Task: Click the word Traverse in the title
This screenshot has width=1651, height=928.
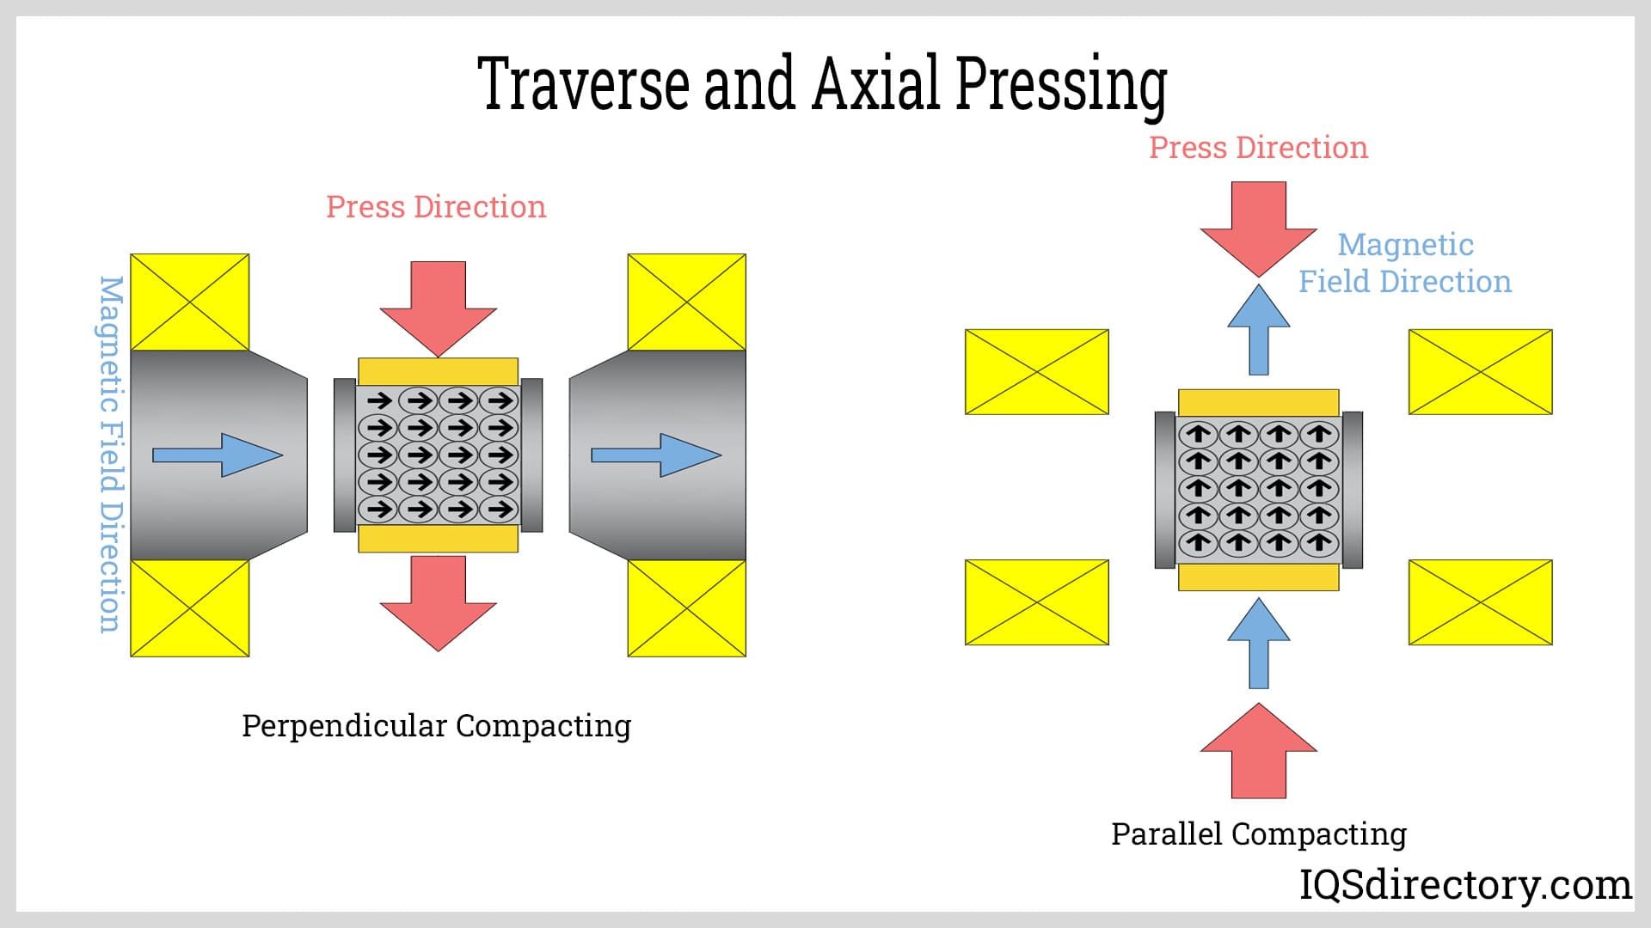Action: [583, 83]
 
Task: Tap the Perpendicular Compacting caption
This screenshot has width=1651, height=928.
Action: [436, 726]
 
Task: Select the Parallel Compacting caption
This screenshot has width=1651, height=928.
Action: [1258, 833]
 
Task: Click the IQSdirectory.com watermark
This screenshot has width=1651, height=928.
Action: [1464, 884]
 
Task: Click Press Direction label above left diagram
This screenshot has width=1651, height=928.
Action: [436, 207]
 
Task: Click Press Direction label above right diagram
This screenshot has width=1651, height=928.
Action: [1258, 148]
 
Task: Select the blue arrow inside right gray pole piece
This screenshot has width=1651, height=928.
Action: [656, 455]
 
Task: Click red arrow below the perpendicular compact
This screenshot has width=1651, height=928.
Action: [439, 601]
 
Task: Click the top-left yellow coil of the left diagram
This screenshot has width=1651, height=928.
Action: [189, 302]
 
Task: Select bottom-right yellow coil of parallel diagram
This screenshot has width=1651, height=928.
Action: [1480, 602]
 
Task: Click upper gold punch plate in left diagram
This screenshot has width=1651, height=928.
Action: [438, 371]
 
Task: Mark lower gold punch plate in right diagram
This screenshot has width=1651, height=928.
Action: [1258, 577]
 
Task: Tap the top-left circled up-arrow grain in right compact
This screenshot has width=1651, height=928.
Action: [1198, 434]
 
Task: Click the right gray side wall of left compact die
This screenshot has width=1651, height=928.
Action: [531, 455]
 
